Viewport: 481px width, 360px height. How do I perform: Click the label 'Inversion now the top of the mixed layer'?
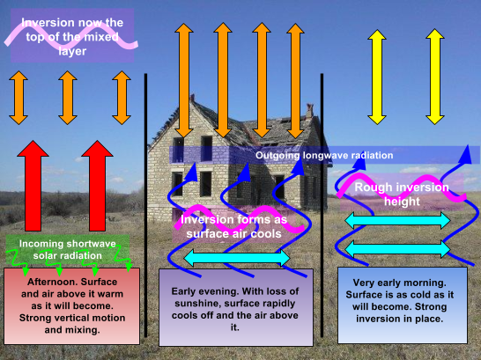[x=72, y=37]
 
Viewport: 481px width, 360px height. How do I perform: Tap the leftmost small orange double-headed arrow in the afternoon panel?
[x=18, y=98]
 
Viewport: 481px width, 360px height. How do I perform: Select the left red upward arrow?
[x=33, y=186]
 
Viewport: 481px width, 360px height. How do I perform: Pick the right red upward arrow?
[x=97, y=186]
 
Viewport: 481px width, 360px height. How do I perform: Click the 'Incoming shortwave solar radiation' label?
[x=68, y=249]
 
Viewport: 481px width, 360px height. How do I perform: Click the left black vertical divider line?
[x=145, y=205]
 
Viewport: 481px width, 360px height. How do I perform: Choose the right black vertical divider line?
[x=322, y=205]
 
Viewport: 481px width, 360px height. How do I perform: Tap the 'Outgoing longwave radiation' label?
[x=324, y=155]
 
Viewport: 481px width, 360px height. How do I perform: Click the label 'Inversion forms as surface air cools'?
[x=233, y=227]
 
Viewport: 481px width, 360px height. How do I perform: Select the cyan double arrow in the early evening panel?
[x=237, y=258]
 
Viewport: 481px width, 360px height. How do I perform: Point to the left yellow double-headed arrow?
[x=377, y=77]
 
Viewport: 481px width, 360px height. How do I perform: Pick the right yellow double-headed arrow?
[x=435, y=77]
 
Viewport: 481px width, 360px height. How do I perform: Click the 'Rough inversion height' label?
[x=402, y=195]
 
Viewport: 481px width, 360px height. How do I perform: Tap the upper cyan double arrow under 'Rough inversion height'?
[x=397, y=220]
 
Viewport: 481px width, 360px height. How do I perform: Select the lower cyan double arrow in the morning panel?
[x=397, y=249]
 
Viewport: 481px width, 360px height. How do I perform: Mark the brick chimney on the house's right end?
[x=309, y=111]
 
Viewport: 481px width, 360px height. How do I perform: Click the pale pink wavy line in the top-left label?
[x=70, y=38]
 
